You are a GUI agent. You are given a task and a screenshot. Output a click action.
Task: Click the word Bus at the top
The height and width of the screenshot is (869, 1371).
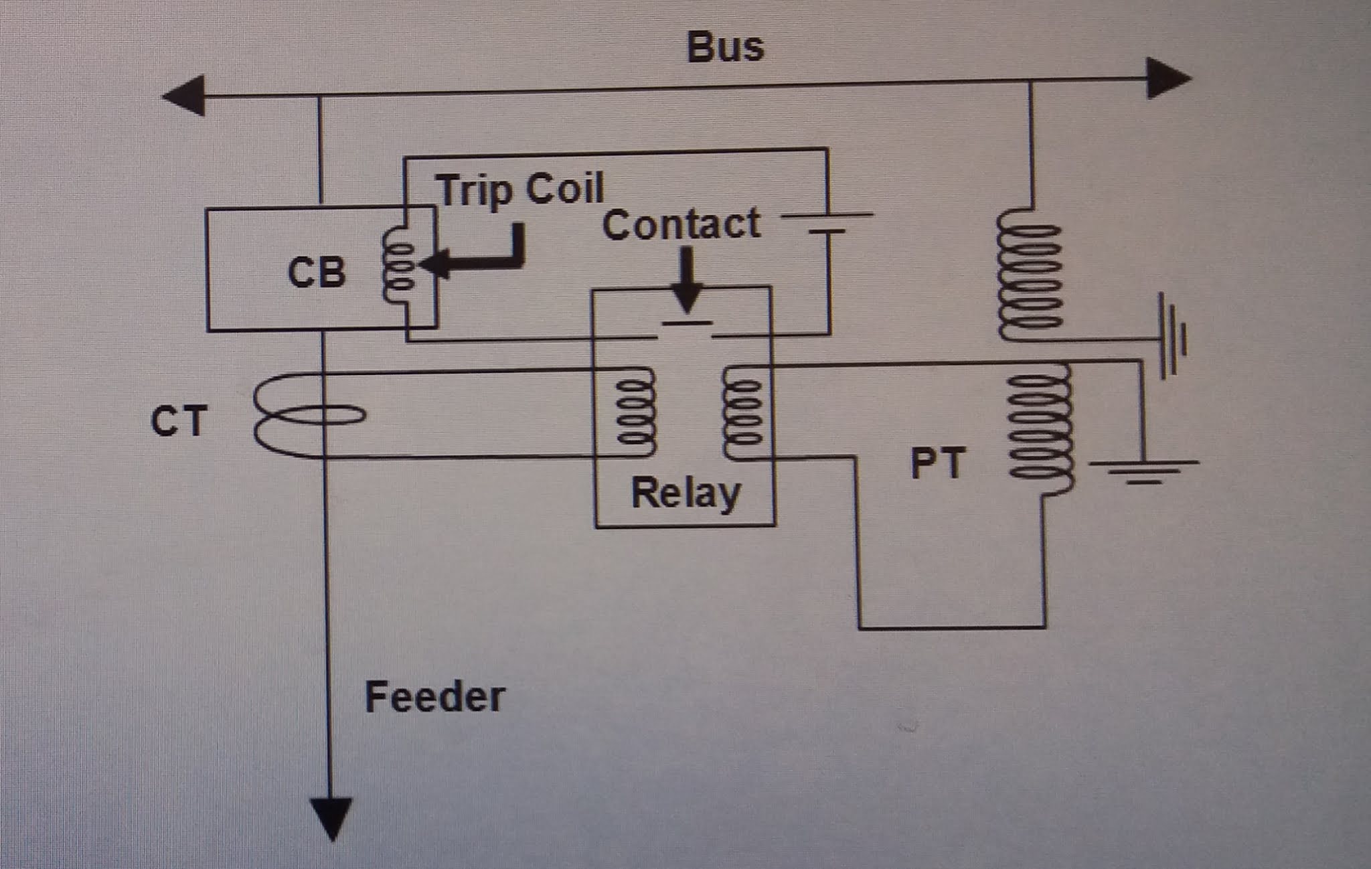tap(725, 48)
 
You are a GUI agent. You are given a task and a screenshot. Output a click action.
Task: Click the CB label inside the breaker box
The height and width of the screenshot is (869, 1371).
tap(316, 272)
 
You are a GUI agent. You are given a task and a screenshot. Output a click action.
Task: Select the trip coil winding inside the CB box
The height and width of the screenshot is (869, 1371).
tap(398, 266)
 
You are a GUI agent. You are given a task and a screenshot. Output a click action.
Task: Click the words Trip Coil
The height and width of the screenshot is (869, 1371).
tap(520, 189)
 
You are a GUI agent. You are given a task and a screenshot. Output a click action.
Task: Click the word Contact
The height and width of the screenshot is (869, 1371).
tap(681, 224)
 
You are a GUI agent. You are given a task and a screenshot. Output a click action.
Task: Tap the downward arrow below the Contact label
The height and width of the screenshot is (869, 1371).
tap(686, 281)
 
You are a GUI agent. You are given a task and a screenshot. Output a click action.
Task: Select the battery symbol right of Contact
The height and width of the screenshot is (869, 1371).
tap(828, 223)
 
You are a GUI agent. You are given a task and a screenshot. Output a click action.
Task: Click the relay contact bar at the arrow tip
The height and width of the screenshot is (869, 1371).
tap(686, 324)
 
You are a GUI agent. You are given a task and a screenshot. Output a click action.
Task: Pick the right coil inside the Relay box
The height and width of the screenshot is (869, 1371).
tap(743, 413)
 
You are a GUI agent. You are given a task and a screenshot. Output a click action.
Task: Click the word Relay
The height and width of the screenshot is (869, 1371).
tap(685, 494)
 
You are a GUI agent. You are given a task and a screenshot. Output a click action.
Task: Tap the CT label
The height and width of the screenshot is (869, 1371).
tap(177, 422)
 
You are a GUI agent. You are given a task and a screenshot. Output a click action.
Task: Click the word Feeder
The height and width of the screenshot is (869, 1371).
tap(434, 697)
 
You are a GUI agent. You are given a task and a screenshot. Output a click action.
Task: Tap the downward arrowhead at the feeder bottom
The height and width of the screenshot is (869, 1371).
tap(331, 817)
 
